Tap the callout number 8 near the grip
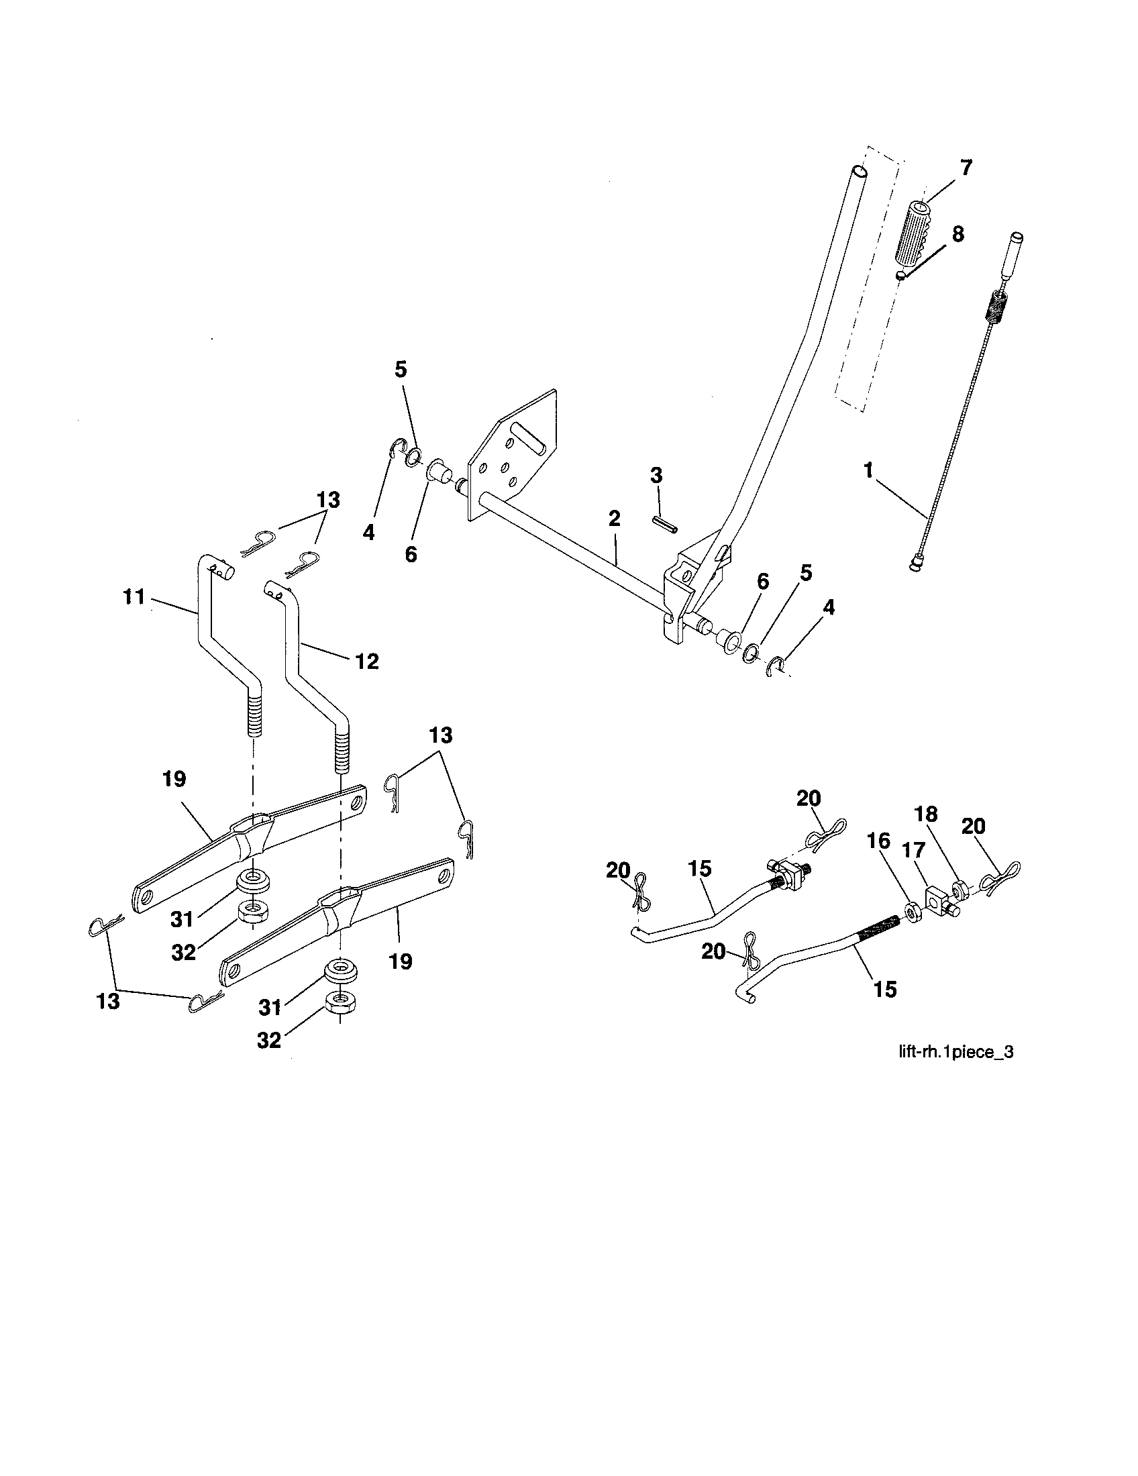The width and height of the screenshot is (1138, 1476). (958, 235)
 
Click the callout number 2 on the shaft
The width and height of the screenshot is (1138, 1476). (613, 519)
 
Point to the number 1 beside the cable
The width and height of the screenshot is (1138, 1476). (868, 470)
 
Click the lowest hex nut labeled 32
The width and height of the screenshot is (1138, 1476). (342, 1003)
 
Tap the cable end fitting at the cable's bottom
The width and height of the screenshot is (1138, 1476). (917, 562)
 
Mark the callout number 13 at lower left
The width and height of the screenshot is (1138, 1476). (108, 1001)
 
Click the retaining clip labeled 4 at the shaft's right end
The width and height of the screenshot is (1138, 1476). (776, 666)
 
